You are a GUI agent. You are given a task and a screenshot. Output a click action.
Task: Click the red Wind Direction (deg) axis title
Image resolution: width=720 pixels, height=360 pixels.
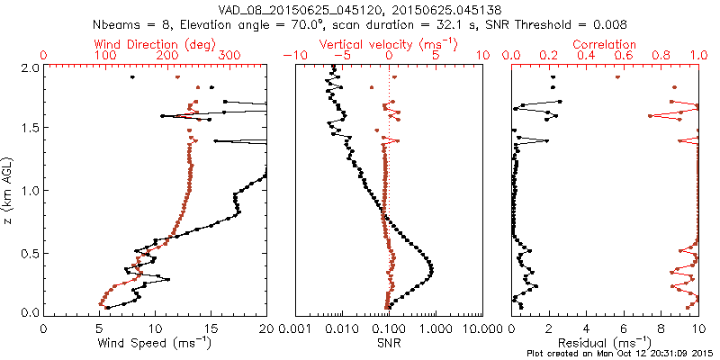point(155,44)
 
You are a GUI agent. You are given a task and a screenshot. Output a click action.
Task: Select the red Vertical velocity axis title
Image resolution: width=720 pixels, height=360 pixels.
point(389,44)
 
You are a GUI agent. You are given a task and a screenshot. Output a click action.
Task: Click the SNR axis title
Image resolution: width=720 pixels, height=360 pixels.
point(389,343)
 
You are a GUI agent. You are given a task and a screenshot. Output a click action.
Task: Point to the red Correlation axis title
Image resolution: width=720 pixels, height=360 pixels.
point(604,44)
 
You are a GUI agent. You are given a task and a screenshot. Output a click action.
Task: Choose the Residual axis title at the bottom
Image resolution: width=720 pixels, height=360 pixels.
point(604,342)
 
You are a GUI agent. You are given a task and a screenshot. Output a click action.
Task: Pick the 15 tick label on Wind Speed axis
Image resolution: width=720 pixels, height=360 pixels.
point(211,328)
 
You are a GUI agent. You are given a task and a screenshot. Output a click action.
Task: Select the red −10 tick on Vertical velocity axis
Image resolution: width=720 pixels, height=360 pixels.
point(295,56)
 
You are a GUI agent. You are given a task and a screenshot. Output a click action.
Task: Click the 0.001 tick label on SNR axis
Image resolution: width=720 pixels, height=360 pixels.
point(295,328)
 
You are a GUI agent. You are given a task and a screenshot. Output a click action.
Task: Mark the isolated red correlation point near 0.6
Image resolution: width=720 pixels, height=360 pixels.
point(618,77)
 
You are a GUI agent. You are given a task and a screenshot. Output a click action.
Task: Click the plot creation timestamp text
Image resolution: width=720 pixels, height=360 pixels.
point(622,354)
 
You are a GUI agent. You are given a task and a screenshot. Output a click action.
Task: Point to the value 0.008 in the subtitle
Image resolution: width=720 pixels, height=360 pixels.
point(612,23)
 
